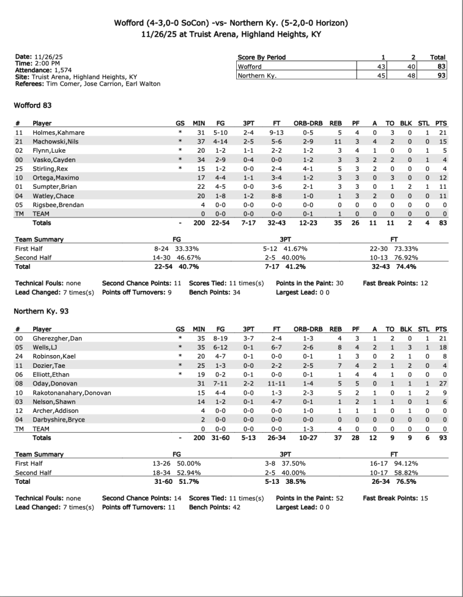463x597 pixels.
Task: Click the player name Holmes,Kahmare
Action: click(x=59, y=133)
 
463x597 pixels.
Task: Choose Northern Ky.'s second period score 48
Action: click(x=412, y=75)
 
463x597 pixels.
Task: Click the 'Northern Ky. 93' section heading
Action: click(x=41, y=311)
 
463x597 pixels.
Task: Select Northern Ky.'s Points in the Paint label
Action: click(x=301, y=498)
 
